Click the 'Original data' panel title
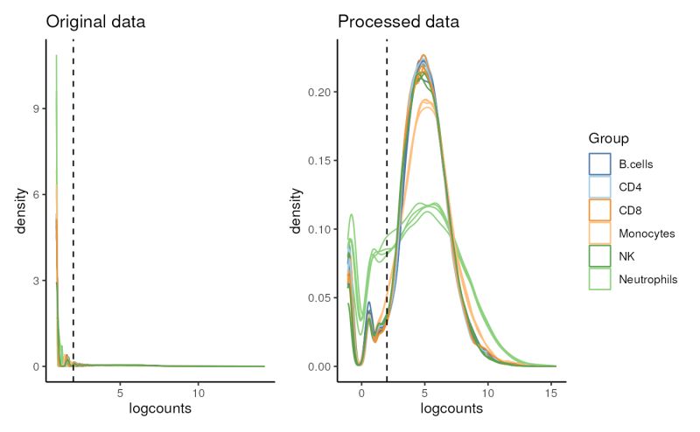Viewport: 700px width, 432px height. click(96, 20)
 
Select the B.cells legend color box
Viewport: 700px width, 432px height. click(598, 164)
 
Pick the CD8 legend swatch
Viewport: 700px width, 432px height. click(598, 210)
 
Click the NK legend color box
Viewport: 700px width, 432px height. click(598, 256)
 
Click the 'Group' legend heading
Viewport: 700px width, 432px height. click(607, 138)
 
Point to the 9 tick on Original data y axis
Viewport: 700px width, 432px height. click(36, 109)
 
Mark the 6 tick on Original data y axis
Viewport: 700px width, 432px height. click(36, 195)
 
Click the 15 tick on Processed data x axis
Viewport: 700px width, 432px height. click(550, 393)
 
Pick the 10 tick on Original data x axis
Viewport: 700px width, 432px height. click(199, 393)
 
